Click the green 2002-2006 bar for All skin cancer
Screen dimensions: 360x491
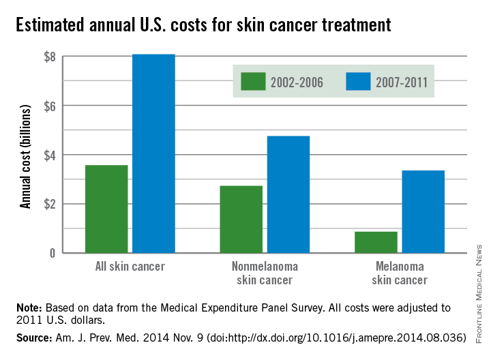pos(106,209)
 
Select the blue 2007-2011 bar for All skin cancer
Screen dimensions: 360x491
pos(153,153)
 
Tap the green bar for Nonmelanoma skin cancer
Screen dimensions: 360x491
pos(241,219)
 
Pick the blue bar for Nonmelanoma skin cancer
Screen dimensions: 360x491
pos(288,194)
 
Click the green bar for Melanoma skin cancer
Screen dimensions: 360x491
pos(376,242)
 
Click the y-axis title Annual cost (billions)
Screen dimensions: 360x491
pos(26,155)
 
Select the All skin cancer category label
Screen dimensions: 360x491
pos(130,267)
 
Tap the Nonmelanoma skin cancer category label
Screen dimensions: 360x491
pos(265,273)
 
